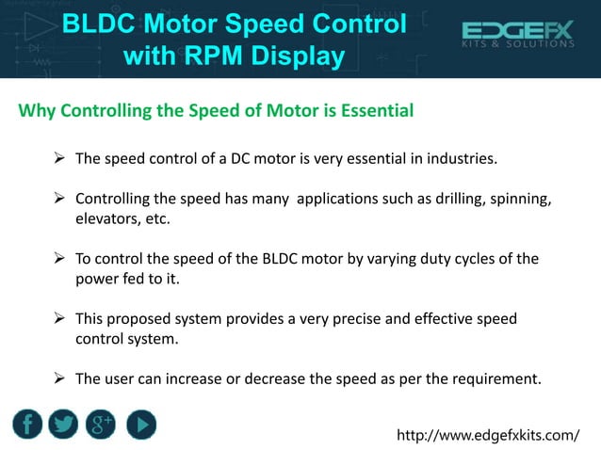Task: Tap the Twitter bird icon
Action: click(65, 425)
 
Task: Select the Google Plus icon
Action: click(102, 425)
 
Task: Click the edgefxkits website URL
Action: click(488, 435)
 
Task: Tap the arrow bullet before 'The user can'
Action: click(58, 379)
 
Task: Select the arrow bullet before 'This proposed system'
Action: click(58, 319)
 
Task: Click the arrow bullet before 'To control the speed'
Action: click(58, 259)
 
